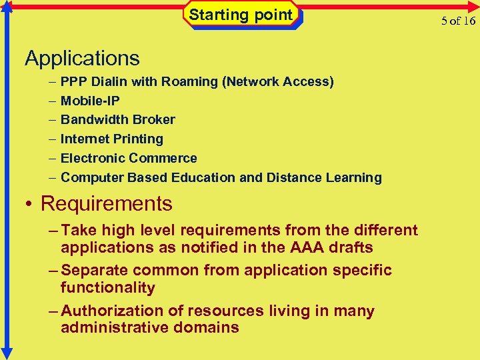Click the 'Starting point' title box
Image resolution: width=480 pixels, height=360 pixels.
241,15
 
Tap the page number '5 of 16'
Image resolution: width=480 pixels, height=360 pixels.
459,20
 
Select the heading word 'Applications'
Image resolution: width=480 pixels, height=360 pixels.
82,59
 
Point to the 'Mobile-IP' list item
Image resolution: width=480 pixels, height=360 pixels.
90,101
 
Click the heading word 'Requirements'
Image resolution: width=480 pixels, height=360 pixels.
107,203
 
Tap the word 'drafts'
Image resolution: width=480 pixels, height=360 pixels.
353,247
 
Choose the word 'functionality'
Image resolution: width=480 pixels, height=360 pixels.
107,288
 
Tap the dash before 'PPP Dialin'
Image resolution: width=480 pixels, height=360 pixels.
53,82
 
